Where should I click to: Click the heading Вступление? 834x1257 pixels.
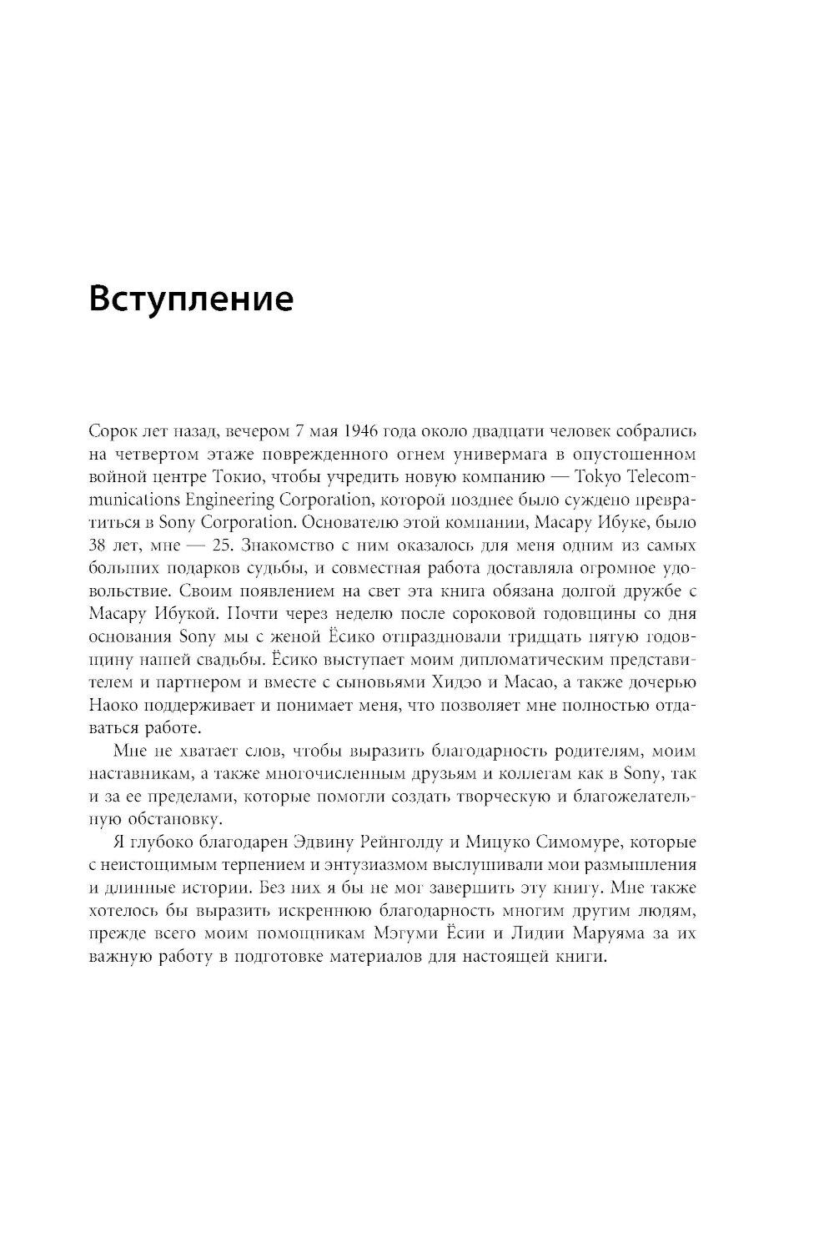pos(190,299)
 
